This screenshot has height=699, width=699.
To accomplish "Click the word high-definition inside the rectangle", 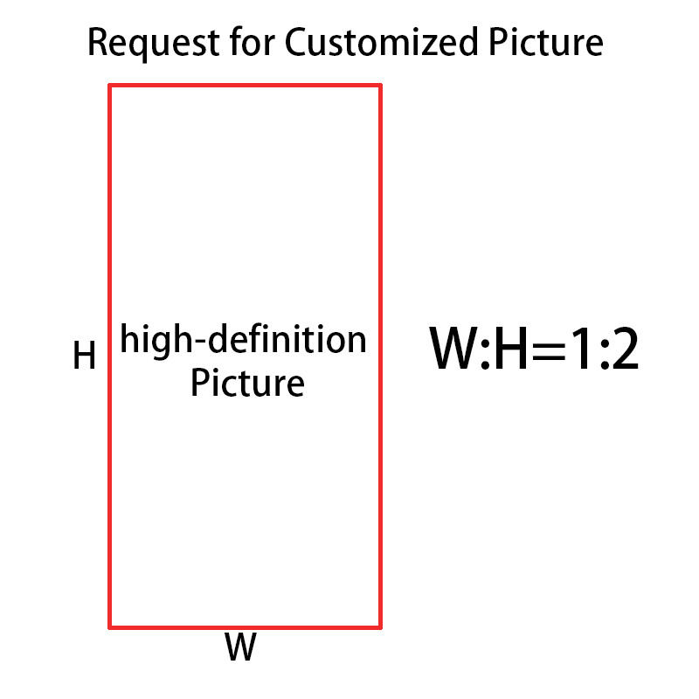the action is (x=244, y=340).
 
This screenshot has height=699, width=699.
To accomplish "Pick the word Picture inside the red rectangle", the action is (x=247, y=384).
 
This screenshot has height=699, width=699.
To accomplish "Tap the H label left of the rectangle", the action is (x=84, y=356).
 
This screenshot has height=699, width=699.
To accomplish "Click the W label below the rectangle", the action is (x=240, y=649).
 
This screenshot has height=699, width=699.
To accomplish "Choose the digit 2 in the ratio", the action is (x=624, y=352).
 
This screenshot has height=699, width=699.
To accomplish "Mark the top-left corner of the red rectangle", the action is (x=110, y=86).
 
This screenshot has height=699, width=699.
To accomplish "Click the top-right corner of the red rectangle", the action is (x=380, y=86).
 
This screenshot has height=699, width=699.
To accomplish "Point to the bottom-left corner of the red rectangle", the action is (x=110, y=626).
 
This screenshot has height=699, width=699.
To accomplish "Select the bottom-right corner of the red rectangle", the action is (x=380, y=626).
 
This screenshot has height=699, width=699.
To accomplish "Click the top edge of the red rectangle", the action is (x=245, y=86).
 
